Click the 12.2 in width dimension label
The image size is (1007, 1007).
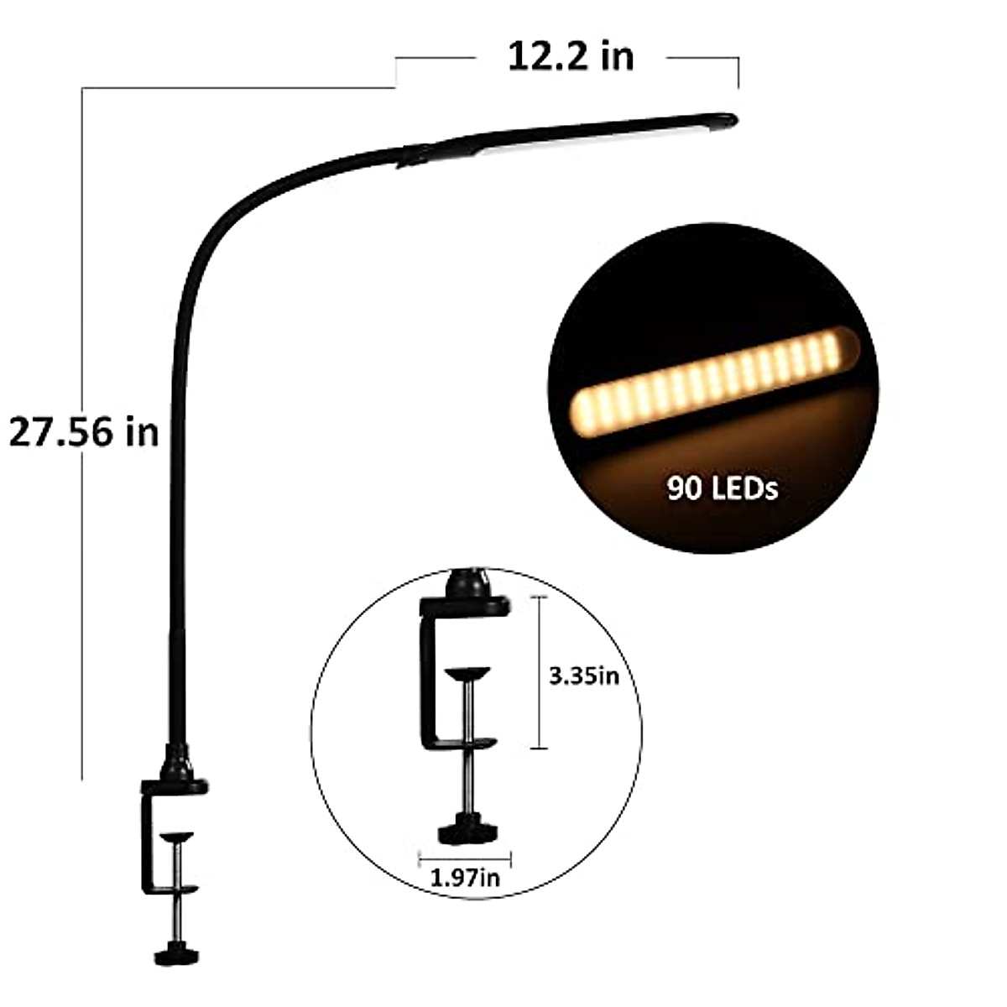[x=571, y=57]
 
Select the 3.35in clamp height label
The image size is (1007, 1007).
[x=584, y=676]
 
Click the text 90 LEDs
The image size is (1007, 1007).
[x=722, y=488]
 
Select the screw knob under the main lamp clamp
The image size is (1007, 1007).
[x=176, y=931]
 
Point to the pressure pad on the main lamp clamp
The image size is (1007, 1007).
[x=177, y=837]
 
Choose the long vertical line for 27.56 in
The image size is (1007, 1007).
[x=81, y=587]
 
